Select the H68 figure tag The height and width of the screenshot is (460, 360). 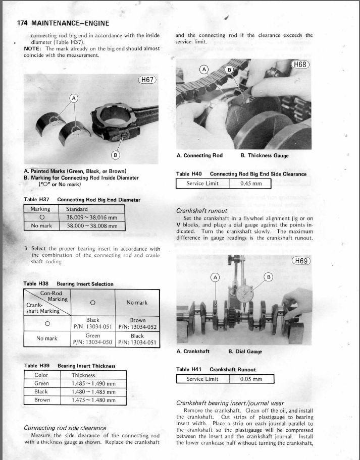pos(301,65)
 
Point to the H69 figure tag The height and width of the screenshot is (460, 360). pos(301,261)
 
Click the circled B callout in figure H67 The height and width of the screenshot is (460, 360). pos(115,154)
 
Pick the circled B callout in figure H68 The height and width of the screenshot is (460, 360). pos(229,69)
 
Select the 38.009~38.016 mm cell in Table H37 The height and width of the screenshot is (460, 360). pos(91,217)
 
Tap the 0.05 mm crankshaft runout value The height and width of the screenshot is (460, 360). pos(251,379)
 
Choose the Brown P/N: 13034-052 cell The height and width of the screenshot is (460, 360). pos(137,323)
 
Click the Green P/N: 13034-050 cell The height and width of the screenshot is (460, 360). pos(92,338)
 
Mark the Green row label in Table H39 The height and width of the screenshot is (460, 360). pos(41,383)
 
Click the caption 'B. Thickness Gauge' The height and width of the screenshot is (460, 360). pos(265,155)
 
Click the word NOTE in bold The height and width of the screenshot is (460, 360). pos(33,48)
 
